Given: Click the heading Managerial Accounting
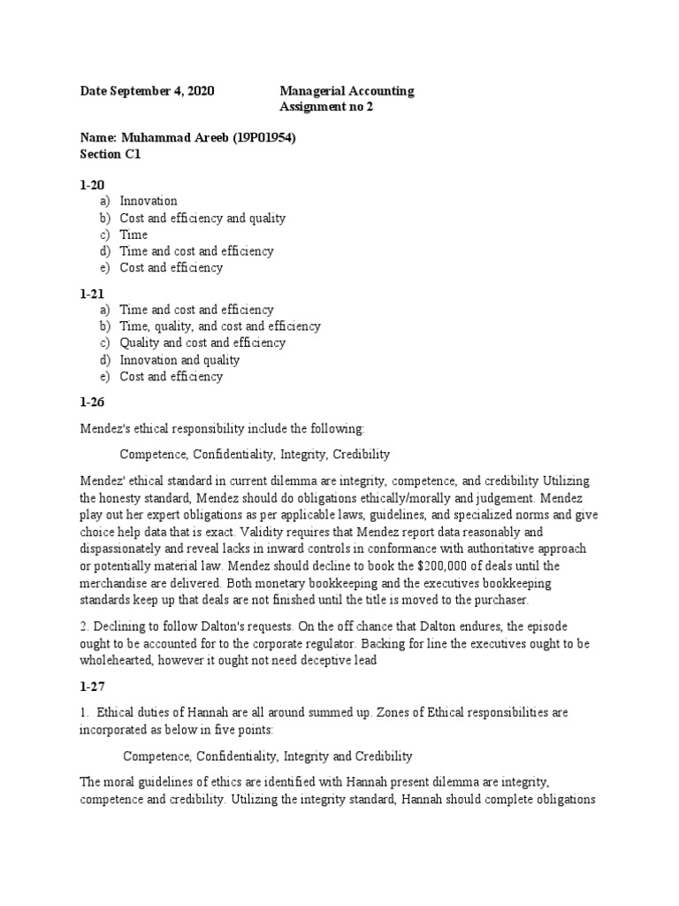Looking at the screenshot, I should coord(347,91).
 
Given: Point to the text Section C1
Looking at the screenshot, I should coord(111,154).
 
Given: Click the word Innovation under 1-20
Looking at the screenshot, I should coord(149,201).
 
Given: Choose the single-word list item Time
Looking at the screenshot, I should coord(134,234).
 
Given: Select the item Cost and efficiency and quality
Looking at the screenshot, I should coord(202,218).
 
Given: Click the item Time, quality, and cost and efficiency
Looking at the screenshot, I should coord(220,326).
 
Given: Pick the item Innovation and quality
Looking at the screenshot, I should coord(179,360).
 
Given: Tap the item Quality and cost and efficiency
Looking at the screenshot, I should coord(202,343).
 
